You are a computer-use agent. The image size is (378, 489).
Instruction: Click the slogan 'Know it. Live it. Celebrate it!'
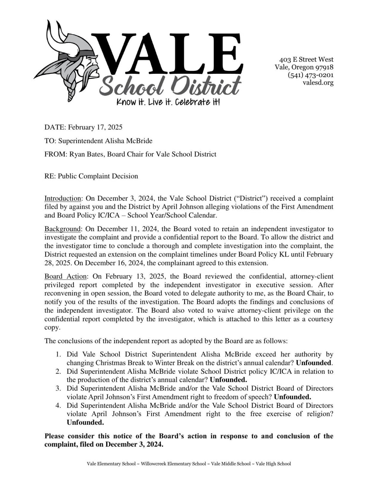point(168,102)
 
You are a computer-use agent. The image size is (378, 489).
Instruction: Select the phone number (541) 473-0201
point(310,75)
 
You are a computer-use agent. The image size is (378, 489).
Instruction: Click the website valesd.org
point(318,83)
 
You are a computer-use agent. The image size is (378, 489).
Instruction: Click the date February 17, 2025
point(95,127)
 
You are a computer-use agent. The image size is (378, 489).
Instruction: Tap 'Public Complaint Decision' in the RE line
point(98,176)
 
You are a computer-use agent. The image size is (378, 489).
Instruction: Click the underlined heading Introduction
point(62,198)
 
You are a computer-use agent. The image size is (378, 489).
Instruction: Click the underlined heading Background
point(62,229)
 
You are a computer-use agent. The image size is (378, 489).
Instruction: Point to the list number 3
point(59,388)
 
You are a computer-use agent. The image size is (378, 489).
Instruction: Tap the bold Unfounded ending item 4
point(85,422)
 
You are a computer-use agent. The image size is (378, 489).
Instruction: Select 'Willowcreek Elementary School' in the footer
point(173,464)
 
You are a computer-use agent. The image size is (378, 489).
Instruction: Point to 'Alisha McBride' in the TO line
point(128,141)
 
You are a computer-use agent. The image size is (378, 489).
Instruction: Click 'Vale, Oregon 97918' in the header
point(304,67)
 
